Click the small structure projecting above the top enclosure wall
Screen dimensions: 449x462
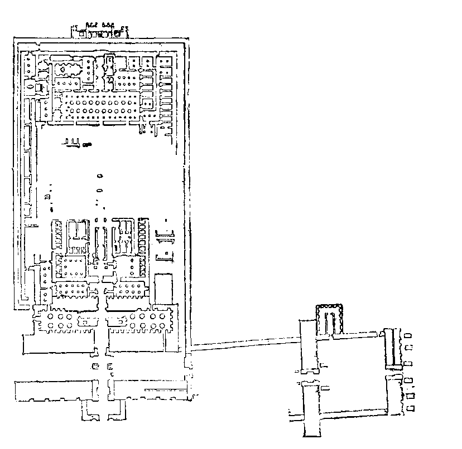click(x=99, y=31)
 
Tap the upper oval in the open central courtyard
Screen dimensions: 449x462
click(x=100, y=175)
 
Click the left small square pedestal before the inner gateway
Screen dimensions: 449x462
click(x=95, y=366)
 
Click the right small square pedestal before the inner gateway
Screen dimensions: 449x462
click(x=109, y=366)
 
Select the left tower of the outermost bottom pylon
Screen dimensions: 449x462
click(x=53, y=390)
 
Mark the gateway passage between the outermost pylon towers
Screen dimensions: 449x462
click(x=102, y=390)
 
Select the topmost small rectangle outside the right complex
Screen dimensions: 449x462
click(x=411, y=335)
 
